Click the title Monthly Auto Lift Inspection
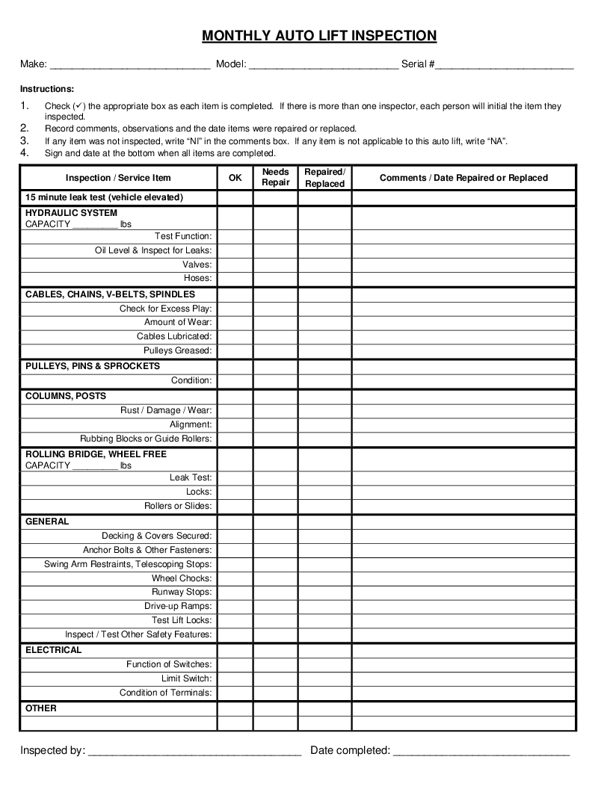(319, 36)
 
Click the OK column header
(235, 178)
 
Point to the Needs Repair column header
(276, 178)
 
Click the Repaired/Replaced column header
(325, 178)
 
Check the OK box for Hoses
(235, 279)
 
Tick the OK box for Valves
(235, 264)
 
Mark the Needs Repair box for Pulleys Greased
(276, 351)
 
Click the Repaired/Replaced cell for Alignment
(325, 424)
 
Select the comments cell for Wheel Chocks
(463, 578)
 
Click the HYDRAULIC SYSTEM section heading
(72, 213)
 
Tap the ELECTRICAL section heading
(54, 650)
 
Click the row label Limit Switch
(187, 678)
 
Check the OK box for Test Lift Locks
(235, 620)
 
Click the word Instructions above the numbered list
(47, 89)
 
